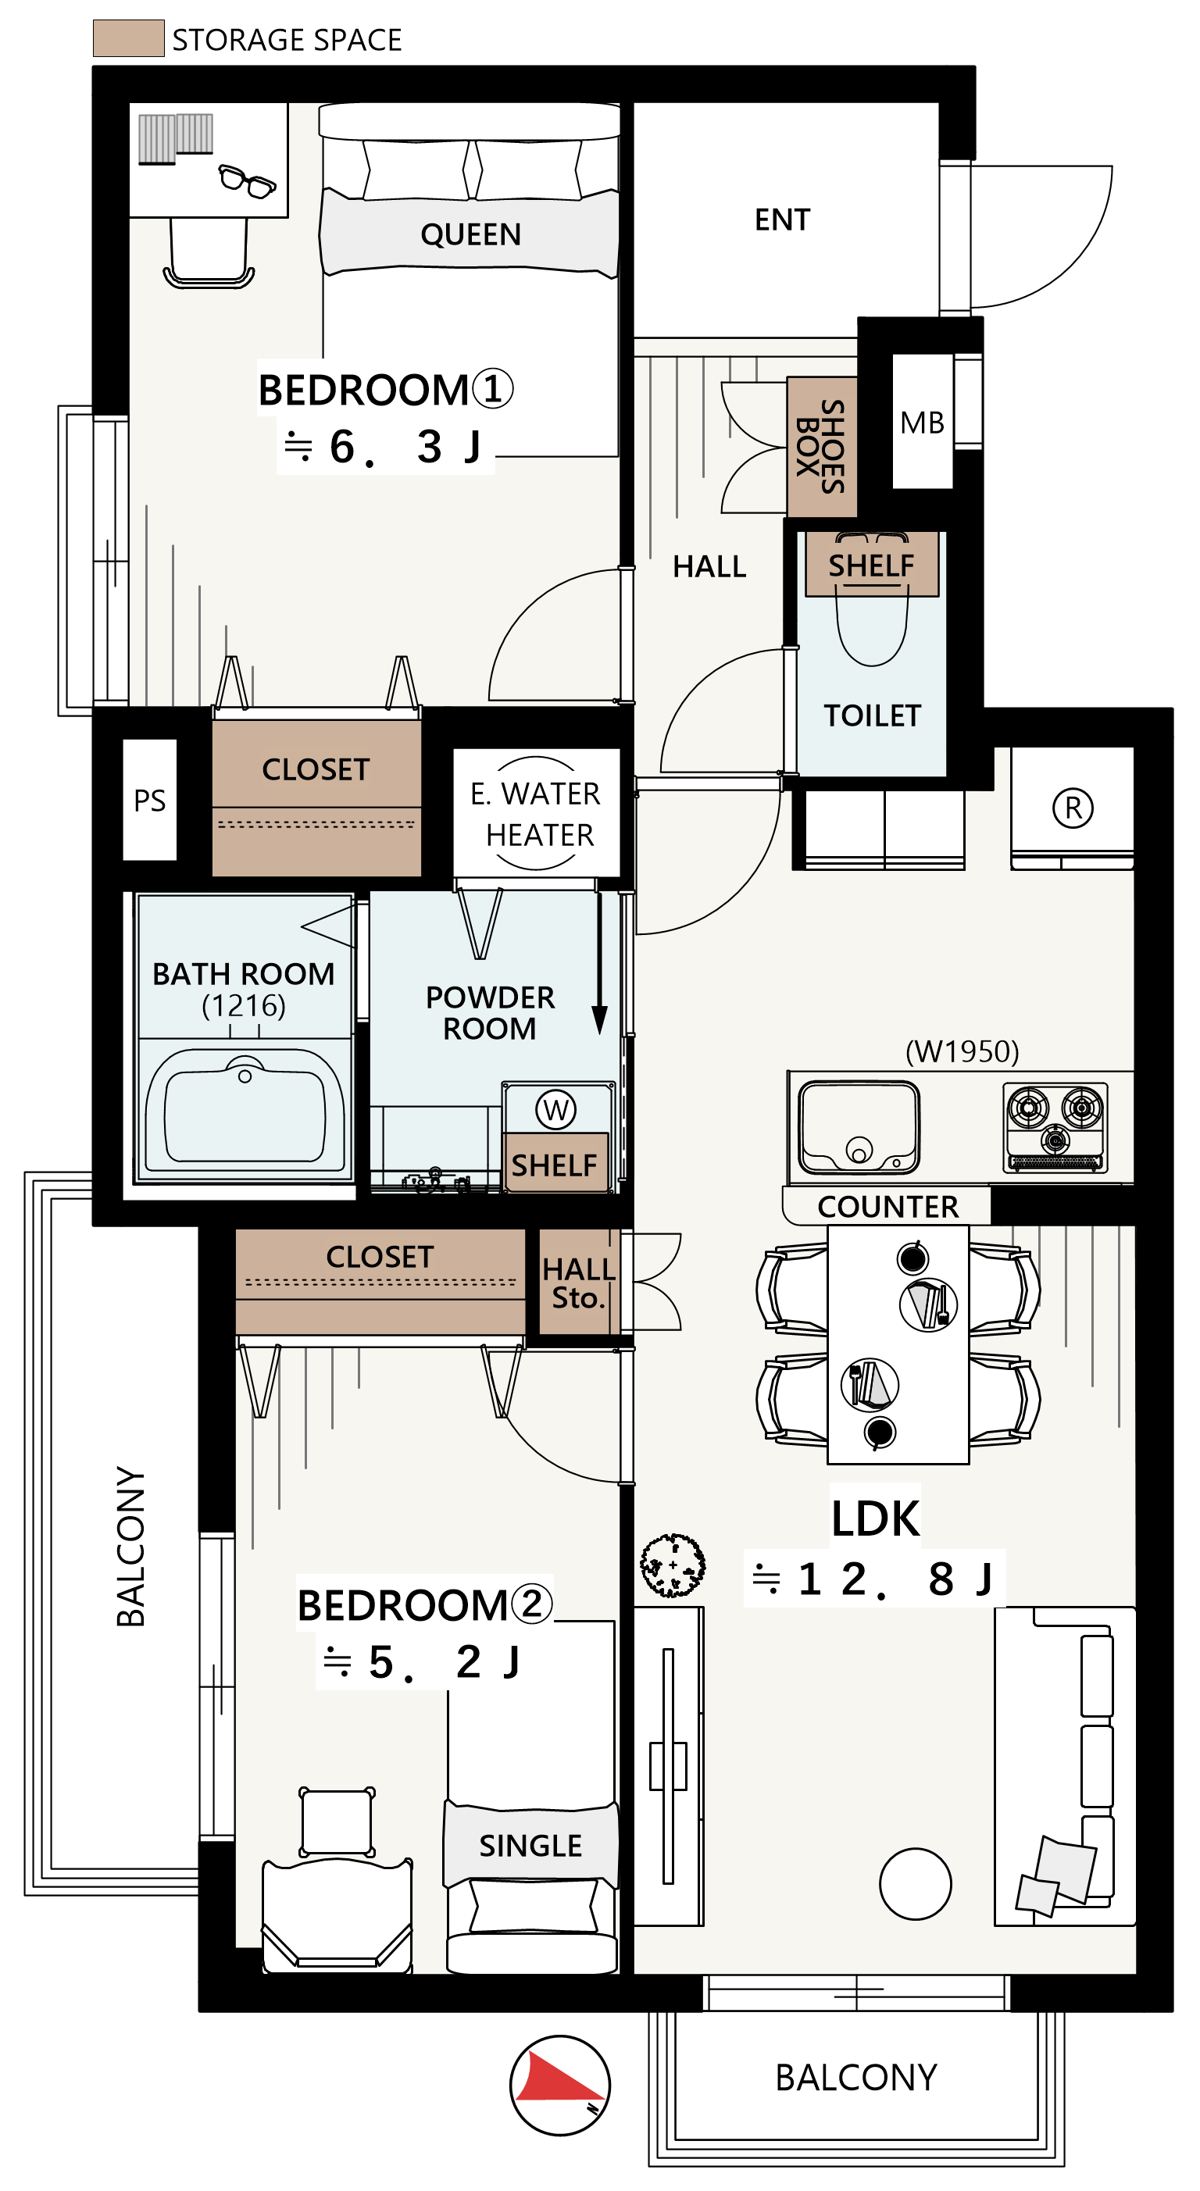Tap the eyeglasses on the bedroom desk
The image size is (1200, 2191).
[x=248, y=180]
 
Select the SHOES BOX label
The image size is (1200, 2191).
[x=820, y=448]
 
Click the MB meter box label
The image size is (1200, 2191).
[x=922, y=423]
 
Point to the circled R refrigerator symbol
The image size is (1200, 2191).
[x=1073, y=807]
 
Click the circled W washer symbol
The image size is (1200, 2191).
[x=555, y=1109]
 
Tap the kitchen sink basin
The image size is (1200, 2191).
[x=859, y=1127]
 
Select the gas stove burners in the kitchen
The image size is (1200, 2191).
[x=1055, y=1127]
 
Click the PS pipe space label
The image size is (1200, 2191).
[x=150, y=801]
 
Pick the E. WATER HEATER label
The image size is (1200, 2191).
[x=536, y=814]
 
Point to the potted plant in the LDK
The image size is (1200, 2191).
[x=673, y=1565]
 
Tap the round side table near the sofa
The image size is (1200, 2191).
[x=915, y=1884]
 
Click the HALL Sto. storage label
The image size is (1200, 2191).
[x=578, y=1283]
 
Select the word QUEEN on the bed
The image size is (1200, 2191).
[x=470, y=234]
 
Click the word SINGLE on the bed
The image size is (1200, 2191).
[x=530, y=1845]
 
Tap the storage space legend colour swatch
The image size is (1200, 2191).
[x=128, y=38]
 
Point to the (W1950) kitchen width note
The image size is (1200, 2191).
[x=962, y=1051]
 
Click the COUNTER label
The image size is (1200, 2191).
[x=887, y=1206]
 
